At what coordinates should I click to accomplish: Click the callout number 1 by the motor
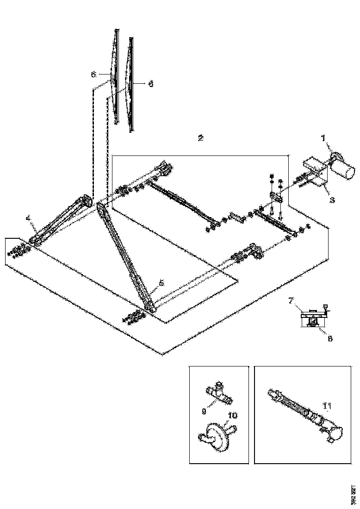[324, 137]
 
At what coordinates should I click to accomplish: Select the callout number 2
[200, 138]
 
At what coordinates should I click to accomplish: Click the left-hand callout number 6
[93, 74]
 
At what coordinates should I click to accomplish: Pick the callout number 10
[232, 416]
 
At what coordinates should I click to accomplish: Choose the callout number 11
[328, 407]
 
